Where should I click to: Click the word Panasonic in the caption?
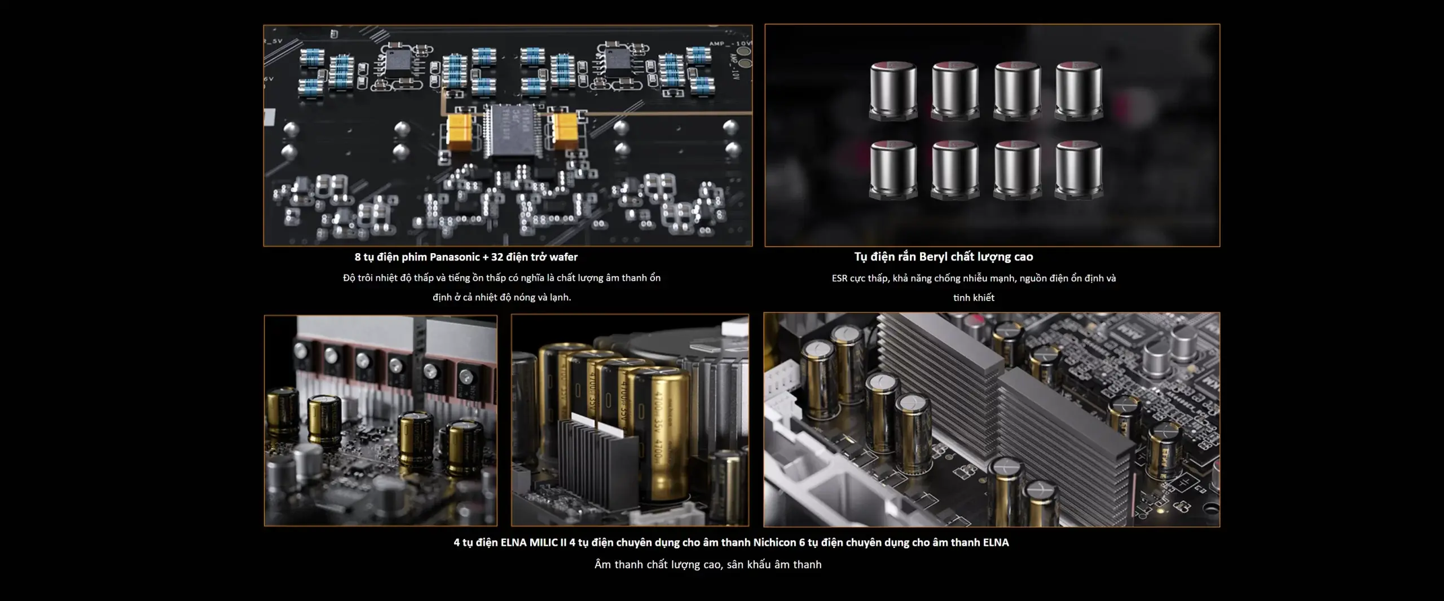455,257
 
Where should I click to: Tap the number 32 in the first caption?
496,257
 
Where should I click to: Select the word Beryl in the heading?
934,257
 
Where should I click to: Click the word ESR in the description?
839,279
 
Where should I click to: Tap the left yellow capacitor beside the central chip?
459,133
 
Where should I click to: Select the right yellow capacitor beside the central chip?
565,130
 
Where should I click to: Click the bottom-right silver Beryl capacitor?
1078,170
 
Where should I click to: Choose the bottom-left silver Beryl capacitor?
893,170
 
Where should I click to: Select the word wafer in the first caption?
563,257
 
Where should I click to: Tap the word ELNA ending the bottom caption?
996,542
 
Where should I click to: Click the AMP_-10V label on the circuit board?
730,43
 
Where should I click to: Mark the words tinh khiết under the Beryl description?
974,298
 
